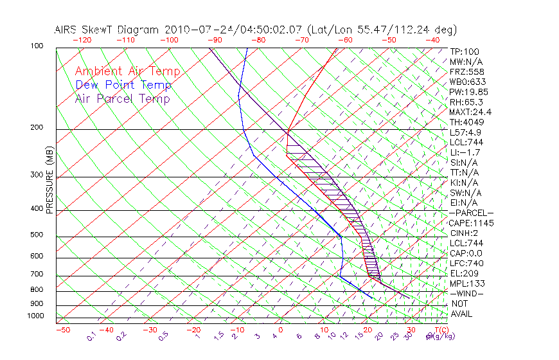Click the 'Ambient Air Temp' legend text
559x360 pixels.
click(x=127, y=71)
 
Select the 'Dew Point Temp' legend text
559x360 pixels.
click(x=123, y=85)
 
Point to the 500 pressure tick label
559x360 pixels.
click(x=36, y=235)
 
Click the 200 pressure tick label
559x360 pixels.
click(x=36, y=128)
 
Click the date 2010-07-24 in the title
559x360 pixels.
click(x=193, y=30)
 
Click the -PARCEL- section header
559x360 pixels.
click(x=472, y=213)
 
